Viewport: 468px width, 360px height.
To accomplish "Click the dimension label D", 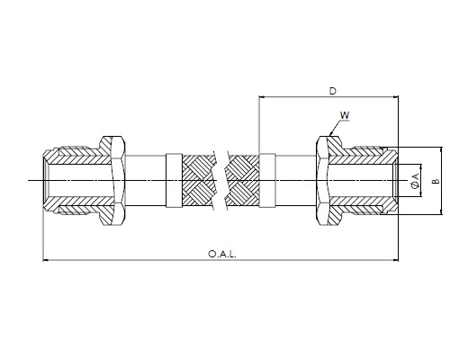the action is click(x=333, y=91).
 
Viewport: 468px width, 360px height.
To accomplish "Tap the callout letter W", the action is click(x=345, y=115).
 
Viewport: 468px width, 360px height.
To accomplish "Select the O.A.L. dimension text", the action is click(x=222, y=255).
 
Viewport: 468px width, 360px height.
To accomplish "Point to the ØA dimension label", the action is click(x=416, y=181).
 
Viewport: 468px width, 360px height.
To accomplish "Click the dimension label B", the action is click(x=436, y=181).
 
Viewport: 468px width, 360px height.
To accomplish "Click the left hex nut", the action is click(x=113, y=181).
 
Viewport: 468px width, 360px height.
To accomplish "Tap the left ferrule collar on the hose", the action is click(x=174, y=181).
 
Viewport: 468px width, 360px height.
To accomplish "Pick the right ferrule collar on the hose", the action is click(x=267, y=181).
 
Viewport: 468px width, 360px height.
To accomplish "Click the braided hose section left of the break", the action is click(x=199, y=181).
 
